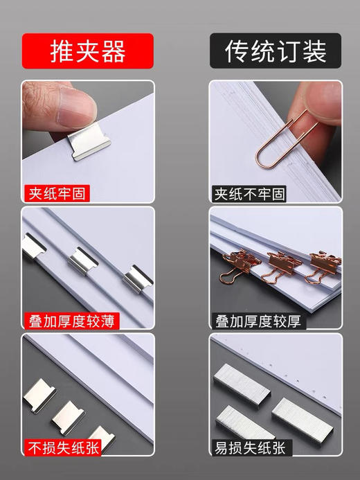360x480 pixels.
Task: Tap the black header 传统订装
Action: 275,51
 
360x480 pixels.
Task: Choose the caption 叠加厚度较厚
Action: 256,321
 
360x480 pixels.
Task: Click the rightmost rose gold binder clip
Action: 324,266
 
